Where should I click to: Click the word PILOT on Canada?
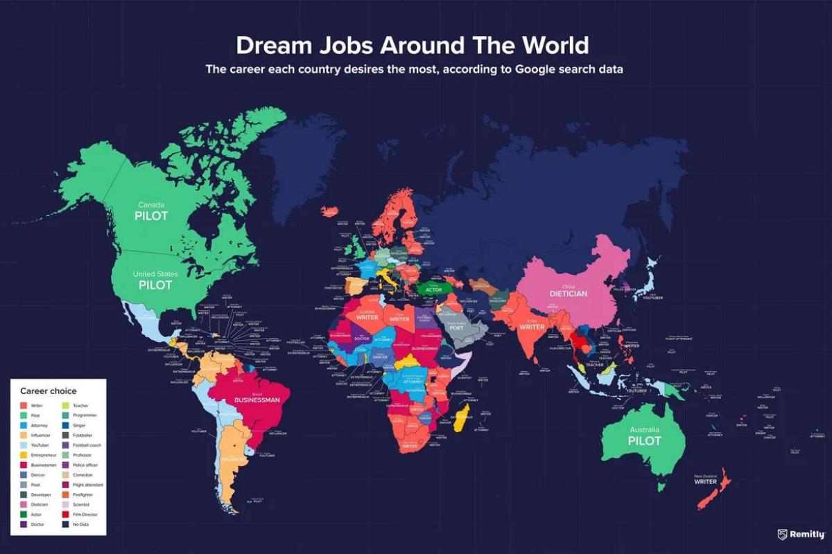151,215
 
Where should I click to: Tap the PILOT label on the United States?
155,285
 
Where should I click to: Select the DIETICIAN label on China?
568,294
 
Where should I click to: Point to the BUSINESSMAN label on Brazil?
257,400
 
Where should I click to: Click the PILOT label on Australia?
644,440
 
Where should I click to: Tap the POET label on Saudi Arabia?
456,328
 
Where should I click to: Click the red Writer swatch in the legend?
24,405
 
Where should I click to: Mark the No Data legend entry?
78,525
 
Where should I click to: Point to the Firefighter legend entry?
83,495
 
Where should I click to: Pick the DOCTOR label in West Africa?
361,339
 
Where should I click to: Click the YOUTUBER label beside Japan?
652,298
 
